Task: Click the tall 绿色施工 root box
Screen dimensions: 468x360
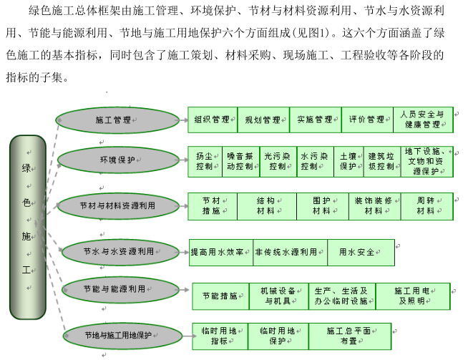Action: click(26, 225)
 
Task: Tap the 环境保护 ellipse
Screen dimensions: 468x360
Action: click(117, 161)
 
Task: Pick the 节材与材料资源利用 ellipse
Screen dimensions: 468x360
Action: click(117, 205)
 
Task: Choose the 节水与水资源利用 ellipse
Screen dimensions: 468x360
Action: click(119, 251)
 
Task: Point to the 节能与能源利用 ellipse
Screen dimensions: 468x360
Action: click(119, 288)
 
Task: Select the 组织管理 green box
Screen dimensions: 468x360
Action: click(213, 120)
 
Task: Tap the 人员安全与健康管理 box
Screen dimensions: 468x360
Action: click(422, 120)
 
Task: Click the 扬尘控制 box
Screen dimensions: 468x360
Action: click(205, 161)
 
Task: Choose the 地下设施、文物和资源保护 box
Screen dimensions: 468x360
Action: click(426, 161)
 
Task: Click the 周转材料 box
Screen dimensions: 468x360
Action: click(426, 205)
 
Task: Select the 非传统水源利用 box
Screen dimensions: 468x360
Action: click(286, 252)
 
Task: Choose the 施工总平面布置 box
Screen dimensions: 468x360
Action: click(349, 336)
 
